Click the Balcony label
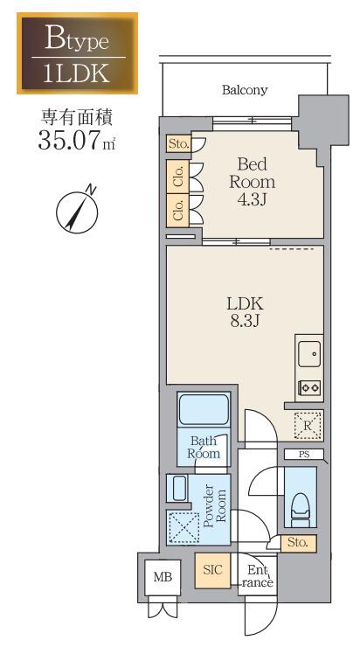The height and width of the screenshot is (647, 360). click(245, 90)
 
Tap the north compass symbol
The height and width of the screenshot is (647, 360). click(78, 211)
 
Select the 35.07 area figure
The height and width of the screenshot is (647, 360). click(70, 140)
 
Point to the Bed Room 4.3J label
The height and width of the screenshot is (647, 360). click(252, 182)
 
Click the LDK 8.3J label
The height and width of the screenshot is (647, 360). click(245, 312)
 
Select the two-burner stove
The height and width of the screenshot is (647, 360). click(310, 387)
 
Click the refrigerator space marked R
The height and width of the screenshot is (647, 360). click(308, 426)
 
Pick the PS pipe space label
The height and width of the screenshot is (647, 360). click(304, 455)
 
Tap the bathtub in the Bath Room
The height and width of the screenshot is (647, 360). click(203, 408)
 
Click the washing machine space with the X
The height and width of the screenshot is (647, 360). click(183, 528)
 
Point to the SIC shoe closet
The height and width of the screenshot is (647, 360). click(212, 570)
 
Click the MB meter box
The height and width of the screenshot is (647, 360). click(163, 577)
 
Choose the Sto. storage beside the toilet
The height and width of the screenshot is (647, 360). click(298, 543)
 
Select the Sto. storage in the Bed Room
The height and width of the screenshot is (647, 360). click(178, 144)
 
